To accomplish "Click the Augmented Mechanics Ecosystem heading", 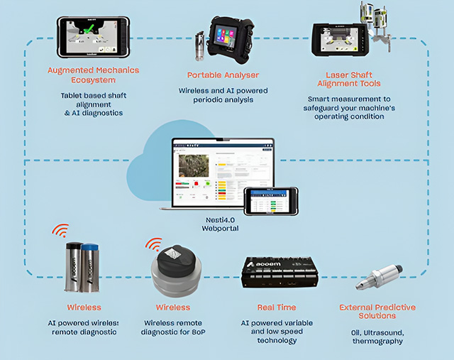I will [x=93, y=75].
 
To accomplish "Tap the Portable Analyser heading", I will [x=223, y=75].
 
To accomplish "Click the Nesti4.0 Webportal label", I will [x=218, y=224].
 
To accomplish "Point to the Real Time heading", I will [x=277, y=307].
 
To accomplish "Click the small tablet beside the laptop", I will [x=270, y=201].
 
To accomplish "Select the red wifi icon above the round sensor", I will [x=154, y=244].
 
